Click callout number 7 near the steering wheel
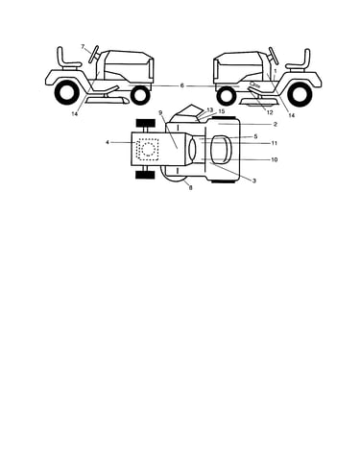click(83, 47)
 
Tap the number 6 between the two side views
click(182, 85)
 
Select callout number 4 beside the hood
click(108, 142)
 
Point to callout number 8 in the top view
click(191, 188)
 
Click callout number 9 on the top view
click(160, 112)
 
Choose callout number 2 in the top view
click(276, 124)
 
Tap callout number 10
click(275, 159)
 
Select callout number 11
click(274, 143)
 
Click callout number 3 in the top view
click(254, 180)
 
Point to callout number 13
click(210, 109)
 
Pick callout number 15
click(222, 111)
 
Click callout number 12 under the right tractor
click(270, 112)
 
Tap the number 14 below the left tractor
click(75, 113)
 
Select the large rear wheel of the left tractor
click(67, 92)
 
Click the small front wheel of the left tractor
click(140, 95)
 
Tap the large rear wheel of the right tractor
click(300, 93)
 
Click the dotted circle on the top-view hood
click(148, 150)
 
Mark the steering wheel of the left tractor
click(94, 55)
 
